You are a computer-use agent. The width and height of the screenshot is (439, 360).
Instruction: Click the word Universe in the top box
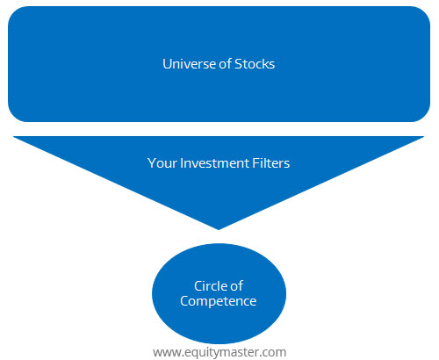tap(189, 64)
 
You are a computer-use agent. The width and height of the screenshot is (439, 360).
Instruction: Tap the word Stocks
tap(255, 64)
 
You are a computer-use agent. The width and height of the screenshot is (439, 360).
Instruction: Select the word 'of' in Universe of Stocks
tap(225, 64)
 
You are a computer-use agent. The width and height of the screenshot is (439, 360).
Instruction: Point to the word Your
tap(162, 163)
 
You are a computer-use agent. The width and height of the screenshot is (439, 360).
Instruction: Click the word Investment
tap(214, 163)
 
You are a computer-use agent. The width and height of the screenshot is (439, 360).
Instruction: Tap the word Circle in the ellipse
tap(210, 286)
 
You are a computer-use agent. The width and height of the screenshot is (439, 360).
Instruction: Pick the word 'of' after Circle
tap(236, 286)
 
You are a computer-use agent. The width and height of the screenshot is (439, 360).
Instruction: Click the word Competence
tap(219, 301)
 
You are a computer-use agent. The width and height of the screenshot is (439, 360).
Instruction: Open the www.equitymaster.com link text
tap(219, 352)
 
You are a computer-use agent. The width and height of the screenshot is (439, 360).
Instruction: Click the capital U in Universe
tap(167, 64)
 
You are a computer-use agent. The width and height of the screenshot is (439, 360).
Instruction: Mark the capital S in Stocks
tap(238, 64)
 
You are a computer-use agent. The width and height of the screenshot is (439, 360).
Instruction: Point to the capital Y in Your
tap(152, 163)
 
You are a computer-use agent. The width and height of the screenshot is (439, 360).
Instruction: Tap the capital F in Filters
tap(255, 163)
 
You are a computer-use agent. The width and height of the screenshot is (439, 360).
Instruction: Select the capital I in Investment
tap(182, 163)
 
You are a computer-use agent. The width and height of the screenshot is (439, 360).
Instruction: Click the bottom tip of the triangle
tap(219, 230)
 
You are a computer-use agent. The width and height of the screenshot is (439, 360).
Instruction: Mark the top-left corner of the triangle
tap(13, 136)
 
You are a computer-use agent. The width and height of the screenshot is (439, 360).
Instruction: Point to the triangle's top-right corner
tap(424, 136)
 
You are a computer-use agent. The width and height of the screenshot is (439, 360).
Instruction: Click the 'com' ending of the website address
tap(276, 353)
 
